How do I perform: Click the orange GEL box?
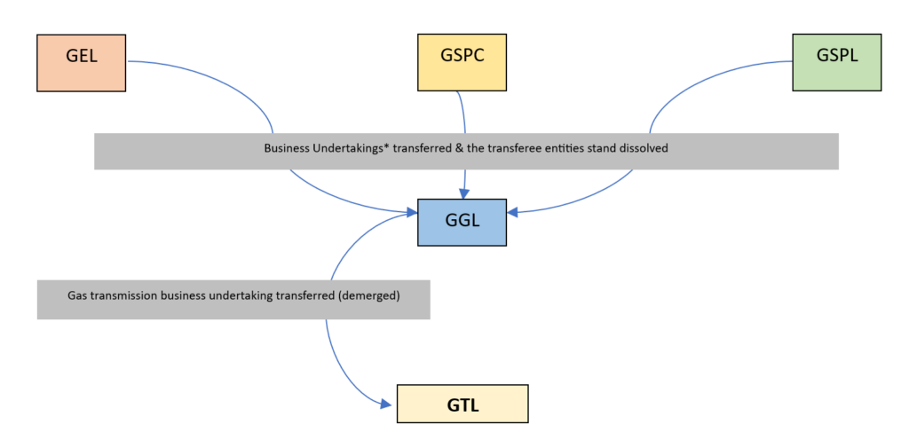(x=82, y=62)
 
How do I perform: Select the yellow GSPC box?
(x=462, y=62)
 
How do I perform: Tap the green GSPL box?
(x=837, y=62)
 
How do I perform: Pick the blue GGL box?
(x=462, y=222)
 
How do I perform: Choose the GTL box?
(x=462, y=404)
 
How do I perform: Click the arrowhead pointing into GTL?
(x=388, y=405)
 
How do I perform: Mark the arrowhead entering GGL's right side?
(x=513, y=211)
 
